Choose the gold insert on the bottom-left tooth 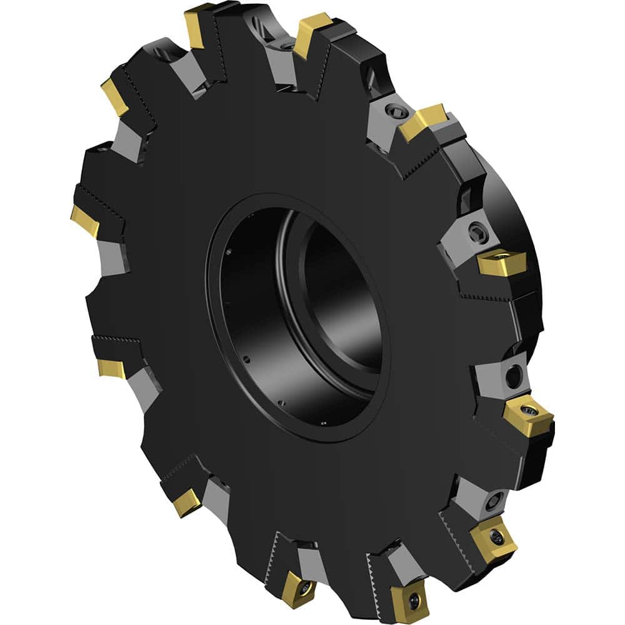pos(187,501)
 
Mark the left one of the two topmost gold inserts pos(199,25)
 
